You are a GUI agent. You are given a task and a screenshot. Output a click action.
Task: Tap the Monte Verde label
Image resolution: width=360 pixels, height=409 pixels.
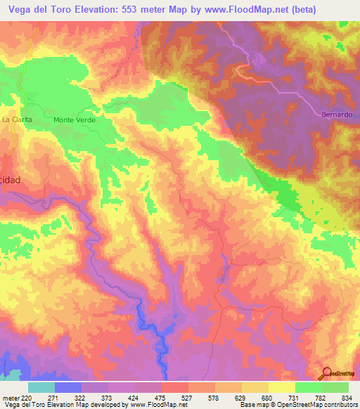pyautogui.click(x=74, y=120)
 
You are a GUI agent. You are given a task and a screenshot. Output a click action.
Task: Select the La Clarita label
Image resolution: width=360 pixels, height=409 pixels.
pyautogui.click(x=17, y=119)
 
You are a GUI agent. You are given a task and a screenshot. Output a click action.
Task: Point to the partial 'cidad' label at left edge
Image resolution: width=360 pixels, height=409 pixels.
pyautogui.click(x=11, y=180)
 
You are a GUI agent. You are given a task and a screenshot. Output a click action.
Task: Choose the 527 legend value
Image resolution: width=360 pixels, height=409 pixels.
pyautogui.click(x=188, y=397)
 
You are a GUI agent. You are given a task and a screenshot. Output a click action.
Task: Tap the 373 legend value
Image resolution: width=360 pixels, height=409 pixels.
pyautogui.click(x=108, y=397)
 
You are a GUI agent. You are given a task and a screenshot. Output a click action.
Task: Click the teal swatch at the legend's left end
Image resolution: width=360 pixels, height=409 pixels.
pyautogui.click(x=41, y=387)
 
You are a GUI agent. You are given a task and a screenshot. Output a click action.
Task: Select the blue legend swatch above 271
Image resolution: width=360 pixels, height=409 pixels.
pyautogui.click(x=68, y=387)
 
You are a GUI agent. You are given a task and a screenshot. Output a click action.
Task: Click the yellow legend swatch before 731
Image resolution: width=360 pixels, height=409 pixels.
pyautogui.click(x=282, y=387)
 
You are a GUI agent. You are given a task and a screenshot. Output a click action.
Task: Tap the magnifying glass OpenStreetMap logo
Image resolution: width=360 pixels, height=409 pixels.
pyautogui.click(x=328, y=373)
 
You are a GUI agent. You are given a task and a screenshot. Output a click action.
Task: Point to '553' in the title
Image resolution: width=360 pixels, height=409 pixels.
pyautogui.click(x=133, y=9)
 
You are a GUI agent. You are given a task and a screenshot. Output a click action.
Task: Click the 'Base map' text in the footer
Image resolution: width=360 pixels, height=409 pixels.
pyautogui.click(x=252, y=405)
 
